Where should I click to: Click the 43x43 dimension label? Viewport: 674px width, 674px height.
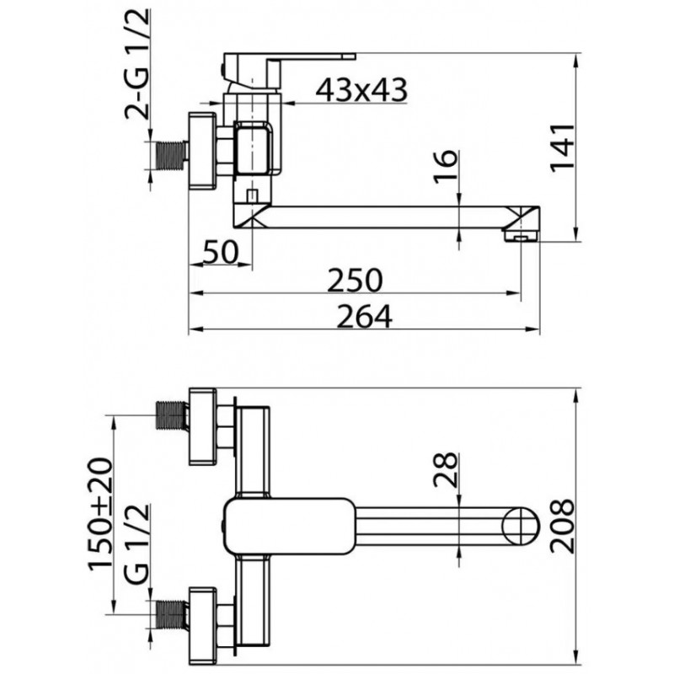point(361,90)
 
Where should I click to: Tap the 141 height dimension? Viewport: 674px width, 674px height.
point(563,147)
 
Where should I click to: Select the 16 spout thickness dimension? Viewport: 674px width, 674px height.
point(446,166)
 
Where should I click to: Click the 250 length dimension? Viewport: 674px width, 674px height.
point(355,281)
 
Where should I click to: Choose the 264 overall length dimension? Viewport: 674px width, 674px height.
point(364,317)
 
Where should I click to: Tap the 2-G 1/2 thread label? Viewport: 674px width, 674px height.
point(137,64)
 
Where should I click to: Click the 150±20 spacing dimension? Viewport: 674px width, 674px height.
point(100,514)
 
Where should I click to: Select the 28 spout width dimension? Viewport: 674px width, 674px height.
point(446,469)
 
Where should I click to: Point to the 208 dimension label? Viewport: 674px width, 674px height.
point(563,526)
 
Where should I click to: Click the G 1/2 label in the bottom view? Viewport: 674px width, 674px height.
point(137,543)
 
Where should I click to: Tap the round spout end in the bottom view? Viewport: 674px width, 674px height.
point(521,525)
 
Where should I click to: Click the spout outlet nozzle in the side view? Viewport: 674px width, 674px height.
point(521,236)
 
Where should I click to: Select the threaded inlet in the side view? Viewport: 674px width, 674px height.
point(172,155)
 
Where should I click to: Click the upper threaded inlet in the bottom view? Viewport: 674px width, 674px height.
point(172,415)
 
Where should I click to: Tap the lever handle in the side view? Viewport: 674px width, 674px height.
point(289,69)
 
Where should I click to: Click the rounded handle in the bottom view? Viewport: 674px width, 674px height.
point(289,526)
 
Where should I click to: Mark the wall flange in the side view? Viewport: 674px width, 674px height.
point(202,151)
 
